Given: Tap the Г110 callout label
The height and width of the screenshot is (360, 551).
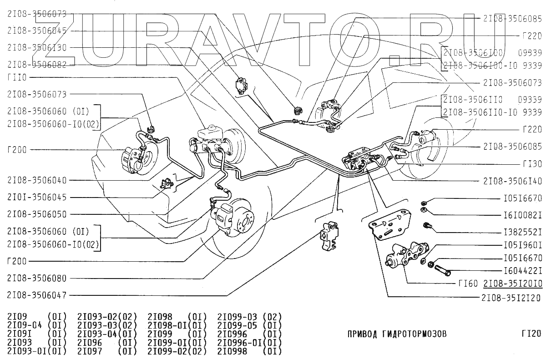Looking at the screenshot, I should [17, 77].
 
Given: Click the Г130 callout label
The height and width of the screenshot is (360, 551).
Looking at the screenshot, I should [532, 163].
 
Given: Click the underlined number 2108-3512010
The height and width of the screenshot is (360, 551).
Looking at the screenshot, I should [512, 284].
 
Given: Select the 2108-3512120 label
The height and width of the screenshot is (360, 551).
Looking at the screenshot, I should [511, 299].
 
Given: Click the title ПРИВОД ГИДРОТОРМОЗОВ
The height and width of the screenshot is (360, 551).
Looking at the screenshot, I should [397, 334].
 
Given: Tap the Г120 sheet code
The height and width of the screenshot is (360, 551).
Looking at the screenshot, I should [531, 334].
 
